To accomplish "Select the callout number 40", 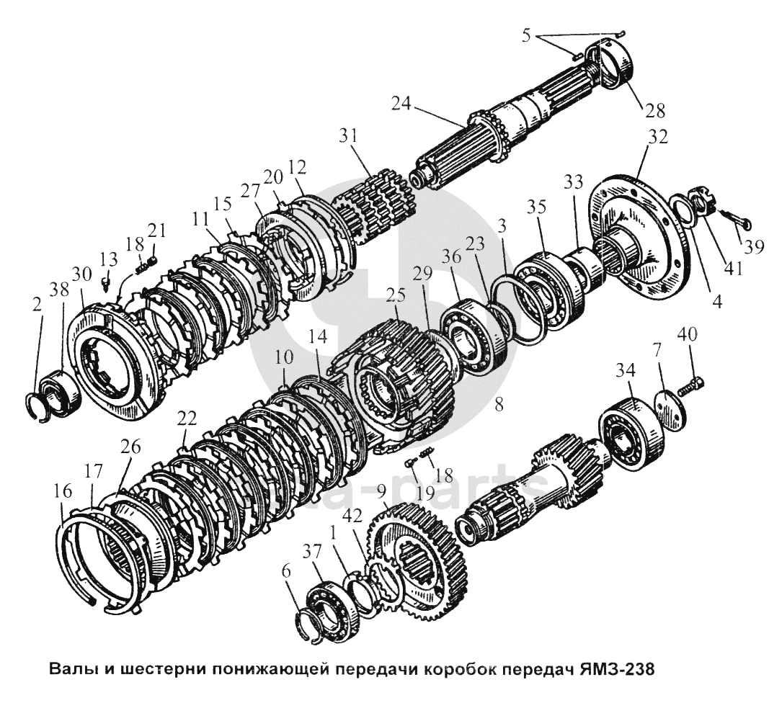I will [x=688, y=336].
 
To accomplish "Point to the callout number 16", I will [x=63, y=492].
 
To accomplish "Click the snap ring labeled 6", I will [x=308, y=623].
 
